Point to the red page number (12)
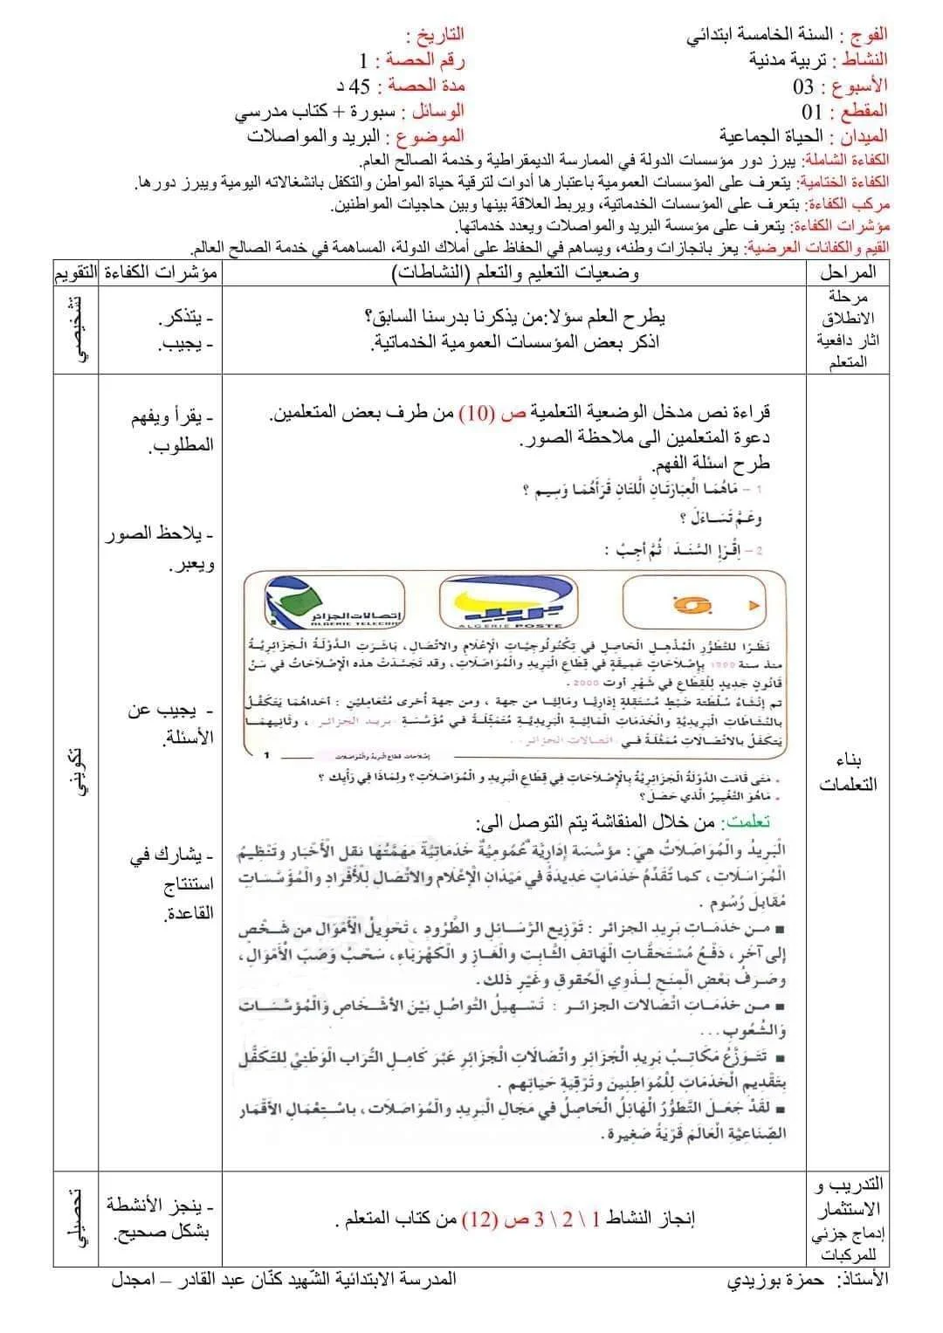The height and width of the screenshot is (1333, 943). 478,1219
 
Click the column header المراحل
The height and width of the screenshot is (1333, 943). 848,272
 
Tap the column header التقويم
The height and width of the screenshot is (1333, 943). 74,272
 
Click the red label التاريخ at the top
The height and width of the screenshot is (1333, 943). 436,35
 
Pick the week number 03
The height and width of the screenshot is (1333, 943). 803,86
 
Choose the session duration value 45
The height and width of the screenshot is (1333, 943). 360,86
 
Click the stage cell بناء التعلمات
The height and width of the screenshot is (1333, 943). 848,772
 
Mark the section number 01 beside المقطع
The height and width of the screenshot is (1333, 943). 812,112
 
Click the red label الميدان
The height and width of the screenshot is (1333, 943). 864,136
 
